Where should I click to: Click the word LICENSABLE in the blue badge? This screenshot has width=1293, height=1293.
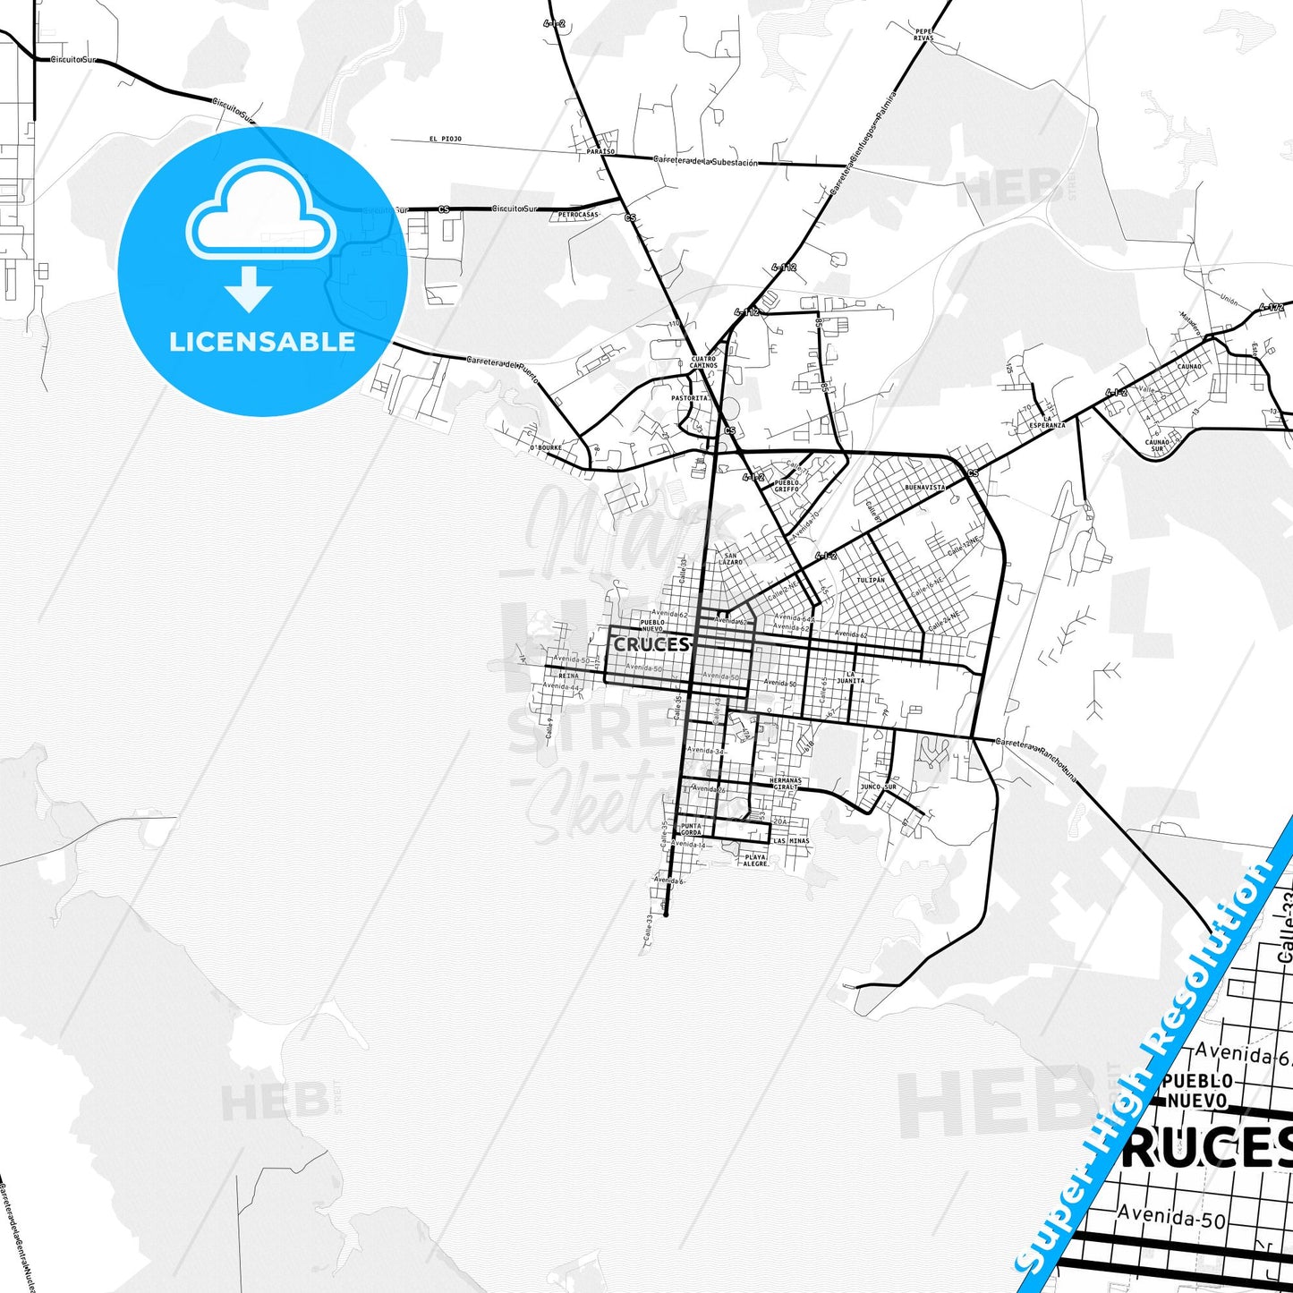tap(262, 342)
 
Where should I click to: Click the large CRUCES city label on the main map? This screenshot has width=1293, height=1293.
tap(651, 644)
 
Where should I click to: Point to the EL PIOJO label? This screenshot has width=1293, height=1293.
tap(445, 140)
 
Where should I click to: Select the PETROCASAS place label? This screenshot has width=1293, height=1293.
tap(577, 215)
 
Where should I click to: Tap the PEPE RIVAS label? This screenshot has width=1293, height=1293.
tap(923, 35)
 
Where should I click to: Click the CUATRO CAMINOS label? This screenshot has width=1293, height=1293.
tap(703, 362)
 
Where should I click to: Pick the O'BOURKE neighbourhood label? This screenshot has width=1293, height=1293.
tap(545, 447)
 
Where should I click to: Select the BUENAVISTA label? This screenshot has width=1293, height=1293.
tap(924, 488)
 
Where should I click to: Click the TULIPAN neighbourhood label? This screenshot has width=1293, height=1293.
tap(870, 580)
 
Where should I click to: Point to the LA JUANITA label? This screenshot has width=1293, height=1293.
tap(850, 677)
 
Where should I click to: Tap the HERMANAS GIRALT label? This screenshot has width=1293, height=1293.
tap(785, 783)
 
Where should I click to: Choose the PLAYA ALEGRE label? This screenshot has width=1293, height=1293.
tap(755, 860)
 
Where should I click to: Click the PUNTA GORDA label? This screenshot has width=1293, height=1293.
tap(691, 829)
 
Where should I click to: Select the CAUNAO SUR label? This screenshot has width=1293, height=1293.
tap(1157, 445)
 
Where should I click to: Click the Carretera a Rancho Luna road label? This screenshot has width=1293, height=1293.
tap(1035, 760)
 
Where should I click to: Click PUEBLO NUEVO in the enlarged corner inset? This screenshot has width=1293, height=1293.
tap(1197, 1090)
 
